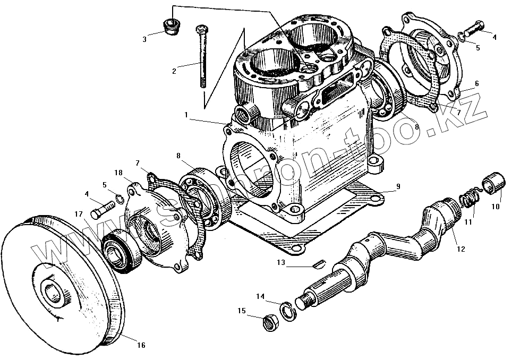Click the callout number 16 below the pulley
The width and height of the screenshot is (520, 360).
pos(141,346)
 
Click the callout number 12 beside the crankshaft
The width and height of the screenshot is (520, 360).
pos(461,248)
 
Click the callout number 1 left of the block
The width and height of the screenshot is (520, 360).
pos(186,114)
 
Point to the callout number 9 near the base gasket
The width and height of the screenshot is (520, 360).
pos(398,187)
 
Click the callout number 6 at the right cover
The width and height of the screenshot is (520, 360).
pos(476,83)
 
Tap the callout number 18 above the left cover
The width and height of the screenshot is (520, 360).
pos(117,173)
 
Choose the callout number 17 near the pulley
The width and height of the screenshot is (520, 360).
pos(79,215)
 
